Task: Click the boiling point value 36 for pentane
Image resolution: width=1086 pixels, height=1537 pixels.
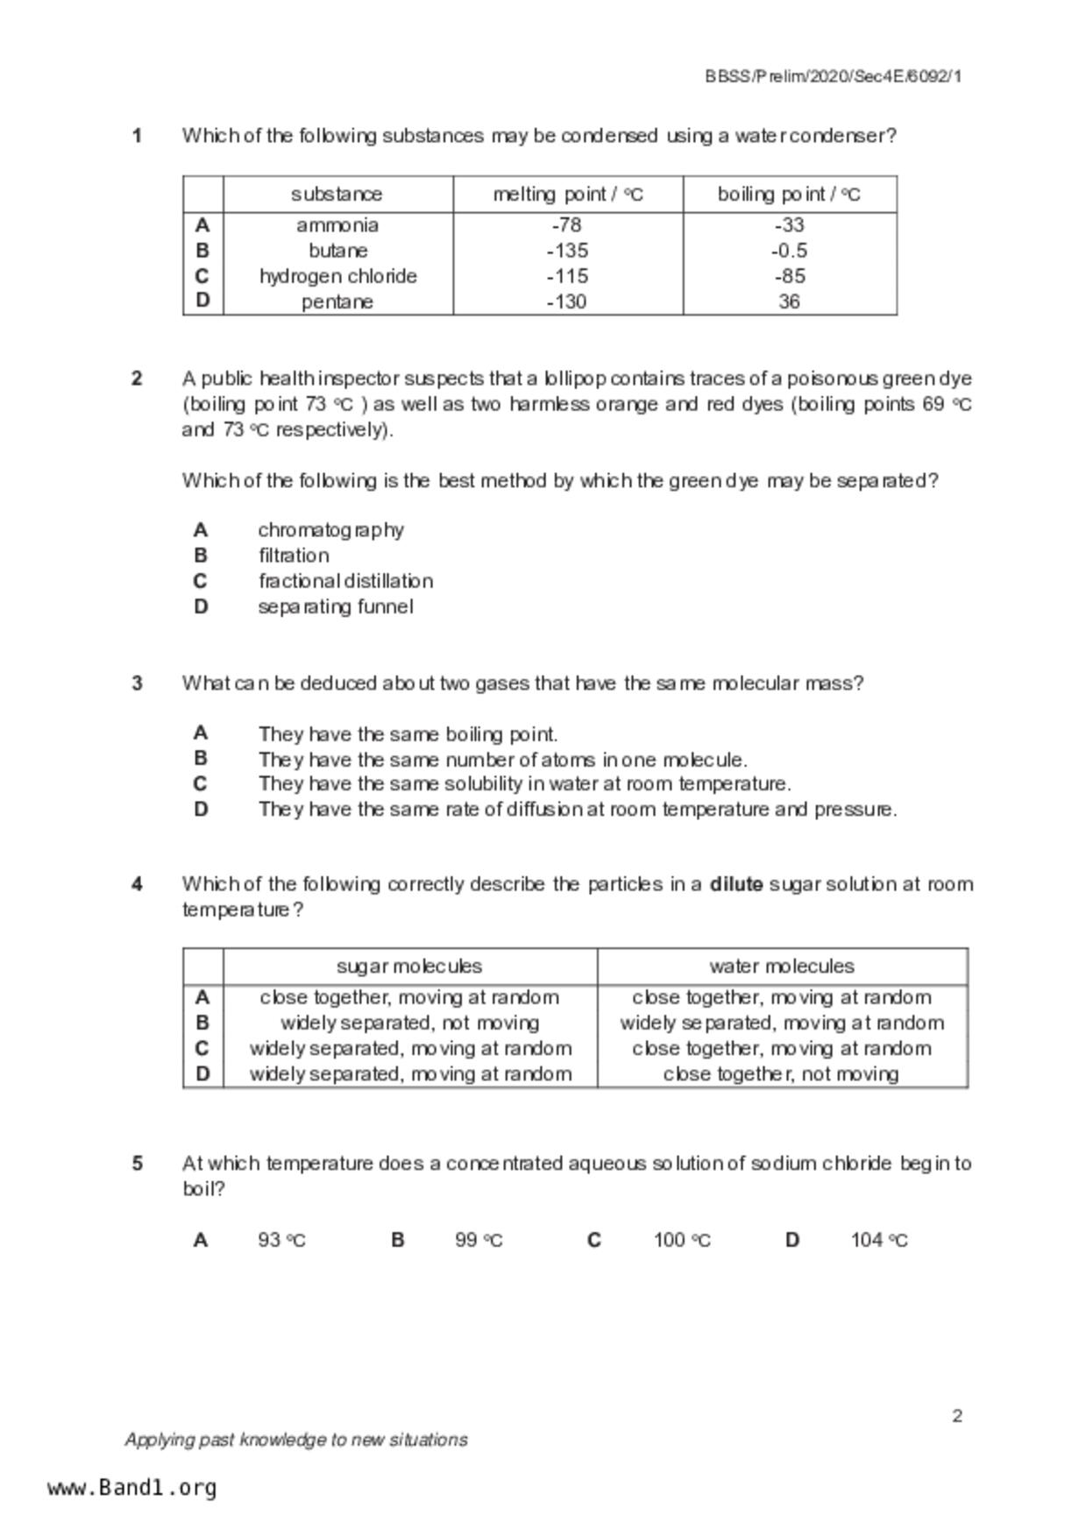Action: tap(789, 301)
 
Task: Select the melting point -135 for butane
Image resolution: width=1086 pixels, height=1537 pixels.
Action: tap(567, 251)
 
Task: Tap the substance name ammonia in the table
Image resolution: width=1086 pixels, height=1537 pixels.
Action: tap(337, 225)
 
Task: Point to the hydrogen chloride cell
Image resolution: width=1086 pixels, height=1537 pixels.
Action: tap(337, 276)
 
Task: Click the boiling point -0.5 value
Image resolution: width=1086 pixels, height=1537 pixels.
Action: tap(789, 251)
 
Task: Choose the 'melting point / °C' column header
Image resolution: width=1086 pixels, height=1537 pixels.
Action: tap(567, 195)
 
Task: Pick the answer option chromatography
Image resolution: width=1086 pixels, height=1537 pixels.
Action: tap(330, 530)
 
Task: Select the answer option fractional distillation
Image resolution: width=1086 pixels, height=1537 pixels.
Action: tap(345, 581)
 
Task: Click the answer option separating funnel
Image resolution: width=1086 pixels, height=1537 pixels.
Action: tap(335, 606)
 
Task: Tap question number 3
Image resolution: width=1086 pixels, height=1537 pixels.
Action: tap(138, 684)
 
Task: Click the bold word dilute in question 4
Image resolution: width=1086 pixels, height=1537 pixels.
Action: tap(736, 884)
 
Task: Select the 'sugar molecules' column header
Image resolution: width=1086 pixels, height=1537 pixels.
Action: tap(409, 967)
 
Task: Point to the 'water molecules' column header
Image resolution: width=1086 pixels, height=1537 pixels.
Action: tap(782, 967)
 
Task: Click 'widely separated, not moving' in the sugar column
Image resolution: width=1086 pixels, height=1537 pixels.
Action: tap(409, 1023)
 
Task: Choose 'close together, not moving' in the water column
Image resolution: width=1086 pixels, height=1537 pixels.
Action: tap(781, 1074)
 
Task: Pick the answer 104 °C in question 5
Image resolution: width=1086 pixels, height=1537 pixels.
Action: tap(879, 1240)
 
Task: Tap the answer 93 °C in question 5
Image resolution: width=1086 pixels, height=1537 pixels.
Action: tap(281, 1240)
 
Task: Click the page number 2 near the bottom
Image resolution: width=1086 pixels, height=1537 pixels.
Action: tap(957, 1416)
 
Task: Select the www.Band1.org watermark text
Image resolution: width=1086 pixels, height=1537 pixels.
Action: tap(131, 1488)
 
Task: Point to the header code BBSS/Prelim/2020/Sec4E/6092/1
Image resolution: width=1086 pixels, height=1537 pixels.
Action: tap(834, 76)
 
